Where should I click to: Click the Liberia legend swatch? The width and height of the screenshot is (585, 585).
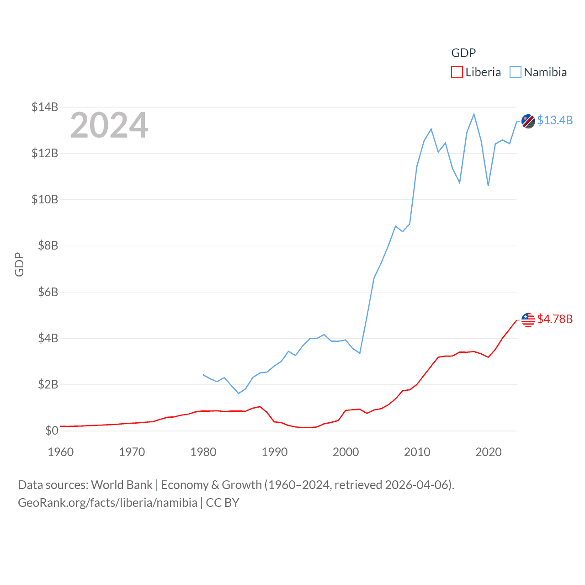[457, 72]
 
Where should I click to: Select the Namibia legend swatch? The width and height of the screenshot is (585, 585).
[515, 72]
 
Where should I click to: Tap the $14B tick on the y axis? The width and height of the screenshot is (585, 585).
[45, 107]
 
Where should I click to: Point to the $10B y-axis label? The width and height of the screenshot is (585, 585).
[45, 199]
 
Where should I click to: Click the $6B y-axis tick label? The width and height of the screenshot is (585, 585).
[48, 292]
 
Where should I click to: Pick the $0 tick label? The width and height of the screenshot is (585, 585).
[52, 431]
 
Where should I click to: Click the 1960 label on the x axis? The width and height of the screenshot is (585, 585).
[61, 452]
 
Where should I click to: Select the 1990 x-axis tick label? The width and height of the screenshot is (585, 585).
[275, 452]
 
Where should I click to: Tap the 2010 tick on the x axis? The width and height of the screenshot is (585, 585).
[417, 452]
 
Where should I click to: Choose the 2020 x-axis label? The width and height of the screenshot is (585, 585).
[489, 452]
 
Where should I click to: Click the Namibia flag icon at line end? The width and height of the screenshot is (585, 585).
[528, 121]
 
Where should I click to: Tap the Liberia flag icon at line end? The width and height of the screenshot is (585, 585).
[528, 320]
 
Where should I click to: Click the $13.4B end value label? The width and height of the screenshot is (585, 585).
[555, 120]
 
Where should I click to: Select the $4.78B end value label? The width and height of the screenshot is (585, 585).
[555, 319]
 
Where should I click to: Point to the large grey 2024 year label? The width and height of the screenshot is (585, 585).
[109, 125]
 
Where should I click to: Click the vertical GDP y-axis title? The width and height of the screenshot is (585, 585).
[19, 264]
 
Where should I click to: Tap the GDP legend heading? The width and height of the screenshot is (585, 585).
[463, 53]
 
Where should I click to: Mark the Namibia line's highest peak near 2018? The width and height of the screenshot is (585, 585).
[474, 114]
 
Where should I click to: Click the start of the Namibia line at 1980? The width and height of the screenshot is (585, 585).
[203, 375]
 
